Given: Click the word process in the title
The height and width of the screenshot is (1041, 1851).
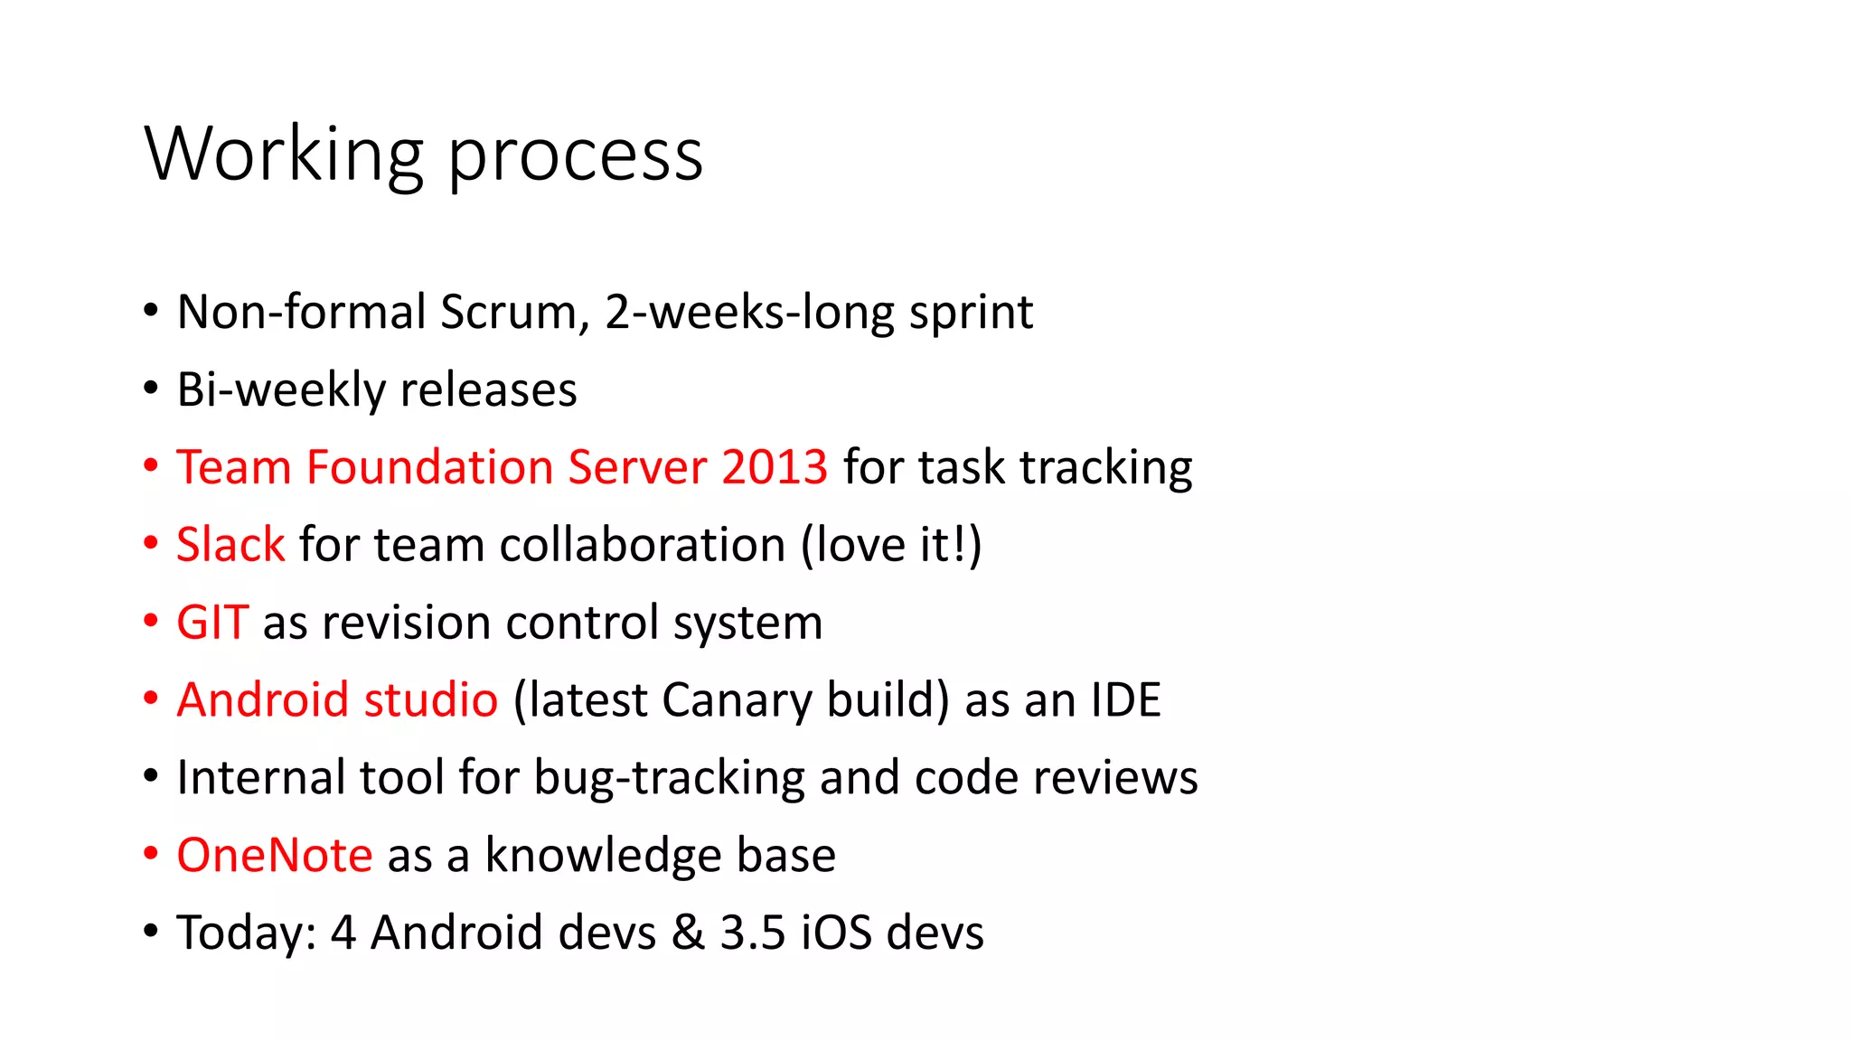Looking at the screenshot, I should click(x=575, y=155).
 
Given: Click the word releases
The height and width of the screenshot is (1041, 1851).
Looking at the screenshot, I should click(x=488, y=390).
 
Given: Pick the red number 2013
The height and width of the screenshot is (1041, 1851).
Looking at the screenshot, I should click(x=775, y=467).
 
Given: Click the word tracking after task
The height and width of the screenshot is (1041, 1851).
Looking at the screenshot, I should click(x=1106, y=468).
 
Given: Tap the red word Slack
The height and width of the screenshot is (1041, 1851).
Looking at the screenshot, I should click(x=230, y=545).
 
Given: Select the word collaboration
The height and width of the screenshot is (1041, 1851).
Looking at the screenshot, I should click(x=643, y=545).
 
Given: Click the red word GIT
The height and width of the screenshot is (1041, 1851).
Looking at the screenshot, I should click(x=211, y=623).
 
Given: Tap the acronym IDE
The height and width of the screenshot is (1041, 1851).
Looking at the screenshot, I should click(x=1125, y=700).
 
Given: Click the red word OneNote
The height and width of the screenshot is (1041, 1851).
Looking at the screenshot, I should click(x=274, y=855).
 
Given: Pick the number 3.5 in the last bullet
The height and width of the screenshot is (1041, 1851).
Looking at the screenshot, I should click(x=753, y=933).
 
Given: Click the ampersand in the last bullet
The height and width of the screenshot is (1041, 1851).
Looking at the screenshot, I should click(x=688, y=933).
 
